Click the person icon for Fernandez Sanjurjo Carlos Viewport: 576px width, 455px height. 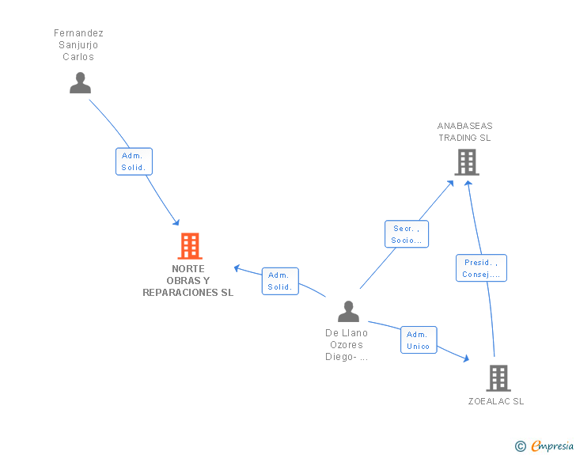tap(80, 83)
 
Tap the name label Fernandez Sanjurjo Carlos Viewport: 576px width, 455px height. tap(78, 45)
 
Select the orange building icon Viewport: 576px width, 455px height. tap(190, 246)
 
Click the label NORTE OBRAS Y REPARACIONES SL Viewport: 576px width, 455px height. tap(188, 280)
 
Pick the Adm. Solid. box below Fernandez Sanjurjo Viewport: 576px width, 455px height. tap(134, 161)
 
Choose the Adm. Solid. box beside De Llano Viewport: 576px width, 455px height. tap(280, 281)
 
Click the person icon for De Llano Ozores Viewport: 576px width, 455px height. tap(348, 311)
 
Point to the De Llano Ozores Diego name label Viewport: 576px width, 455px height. tap(347, 345)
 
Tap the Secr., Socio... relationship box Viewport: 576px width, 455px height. tap(407, 234)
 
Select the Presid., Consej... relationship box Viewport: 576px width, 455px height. tap(481, 268)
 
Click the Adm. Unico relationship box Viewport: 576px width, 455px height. tap(419, 340)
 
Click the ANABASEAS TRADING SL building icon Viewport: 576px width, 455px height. tap(467, 162)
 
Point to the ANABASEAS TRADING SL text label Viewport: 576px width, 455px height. tap(464, 131)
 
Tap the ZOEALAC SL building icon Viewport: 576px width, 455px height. tap(498, 378)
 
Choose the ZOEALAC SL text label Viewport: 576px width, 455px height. tap(496, 401)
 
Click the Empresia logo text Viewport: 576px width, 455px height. tap(552, 446)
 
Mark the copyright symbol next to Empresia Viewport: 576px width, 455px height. tap(520, 446)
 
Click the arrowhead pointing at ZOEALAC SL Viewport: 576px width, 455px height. tap(467, 358)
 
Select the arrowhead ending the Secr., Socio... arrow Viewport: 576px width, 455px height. tap(450, 184)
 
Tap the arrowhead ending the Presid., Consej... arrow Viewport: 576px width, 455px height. tap(468, 183)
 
